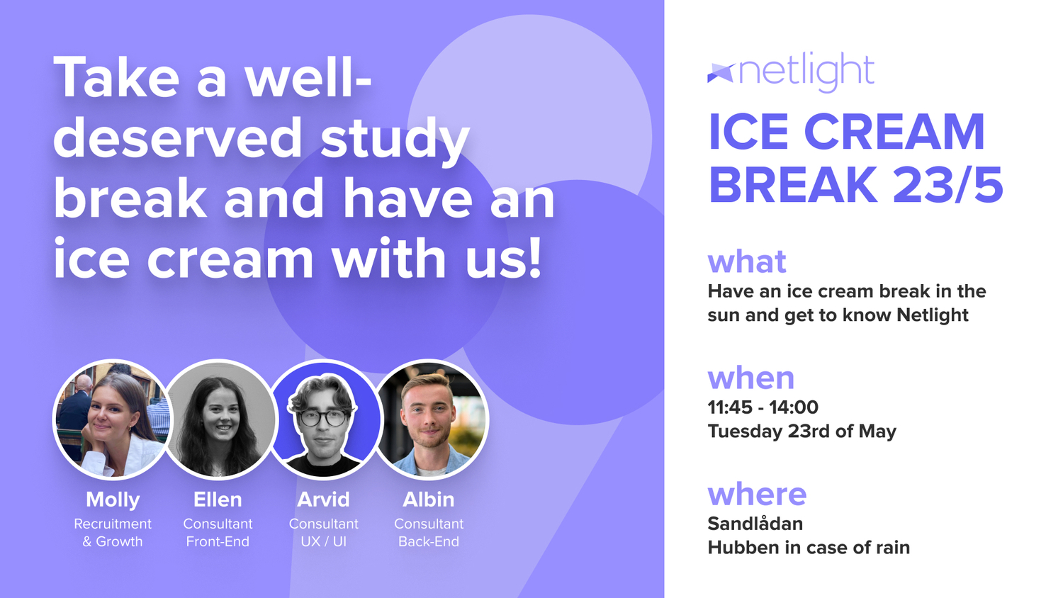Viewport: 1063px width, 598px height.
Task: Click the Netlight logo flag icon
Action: [x=721, y=73]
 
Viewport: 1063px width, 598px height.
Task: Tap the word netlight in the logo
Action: [x=806, y=72]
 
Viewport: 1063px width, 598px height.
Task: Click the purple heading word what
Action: [x=747, y=261]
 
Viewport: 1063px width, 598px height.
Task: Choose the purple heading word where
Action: [x=757, y=494]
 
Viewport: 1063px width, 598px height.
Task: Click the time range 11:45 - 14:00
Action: [x=763, y=407]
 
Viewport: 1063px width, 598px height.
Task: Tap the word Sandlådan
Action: [x=755, y=523]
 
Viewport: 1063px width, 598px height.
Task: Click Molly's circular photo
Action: [x=113, y=419]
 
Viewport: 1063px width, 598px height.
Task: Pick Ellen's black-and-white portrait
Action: [x=218, y=419]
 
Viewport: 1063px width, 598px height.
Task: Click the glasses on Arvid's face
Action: [x=322, y=418]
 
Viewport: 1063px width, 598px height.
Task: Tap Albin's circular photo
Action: [x=429, y=419]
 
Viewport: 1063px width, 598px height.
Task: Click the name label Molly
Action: [x=113, y=500]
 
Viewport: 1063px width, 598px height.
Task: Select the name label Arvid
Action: [x=324, y=500]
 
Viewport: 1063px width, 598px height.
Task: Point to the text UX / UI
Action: [x=324, y=541]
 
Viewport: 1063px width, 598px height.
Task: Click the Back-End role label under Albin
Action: [x=429, y=541]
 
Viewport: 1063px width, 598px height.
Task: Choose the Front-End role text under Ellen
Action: [x=218, y=541]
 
